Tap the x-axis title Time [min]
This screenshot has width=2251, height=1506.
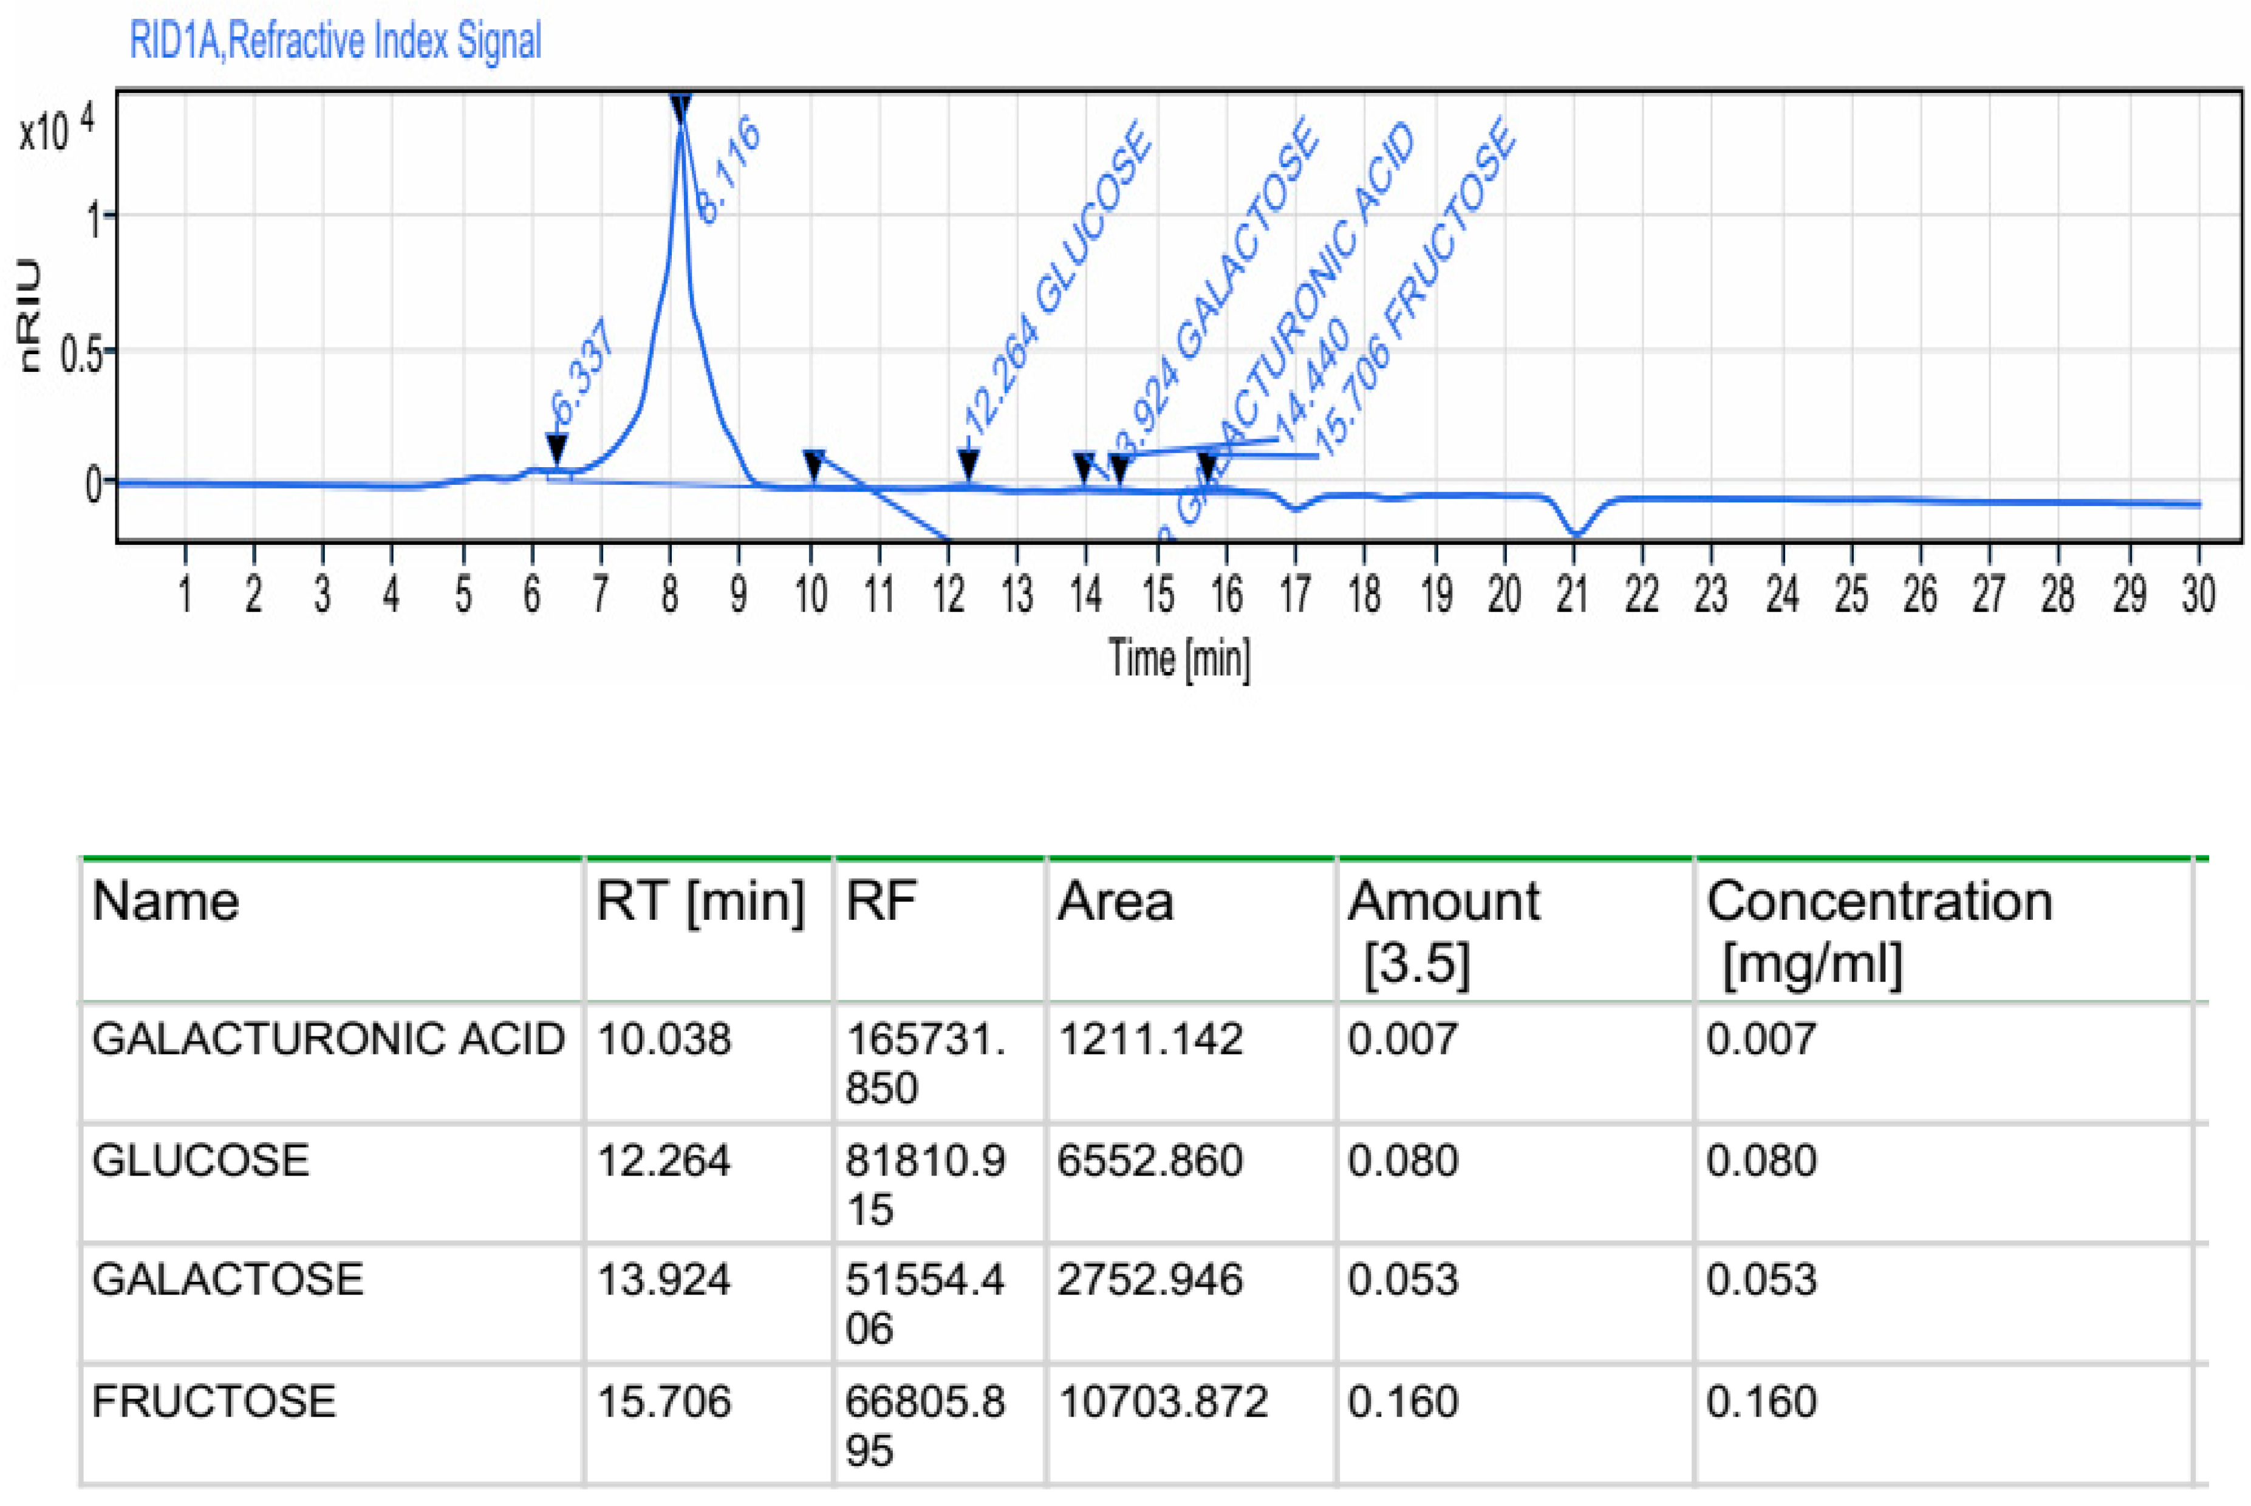pyautogui.click(x=1180, y=659)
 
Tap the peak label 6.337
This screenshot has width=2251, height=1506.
pyautogui.click(x=582, y=371)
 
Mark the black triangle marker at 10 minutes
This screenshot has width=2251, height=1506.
pyautogui.click(x=813, y=466)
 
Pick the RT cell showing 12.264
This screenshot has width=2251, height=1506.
pyautogui.click(x=664, y=1160)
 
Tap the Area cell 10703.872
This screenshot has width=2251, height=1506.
pyautogui.click(x=1162, y=1402)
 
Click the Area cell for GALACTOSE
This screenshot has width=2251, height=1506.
pyautogui.click(x=1150, y=1280)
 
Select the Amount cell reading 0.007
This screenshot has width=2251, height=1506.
pyautogui.click(x=1402, y=1039)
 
